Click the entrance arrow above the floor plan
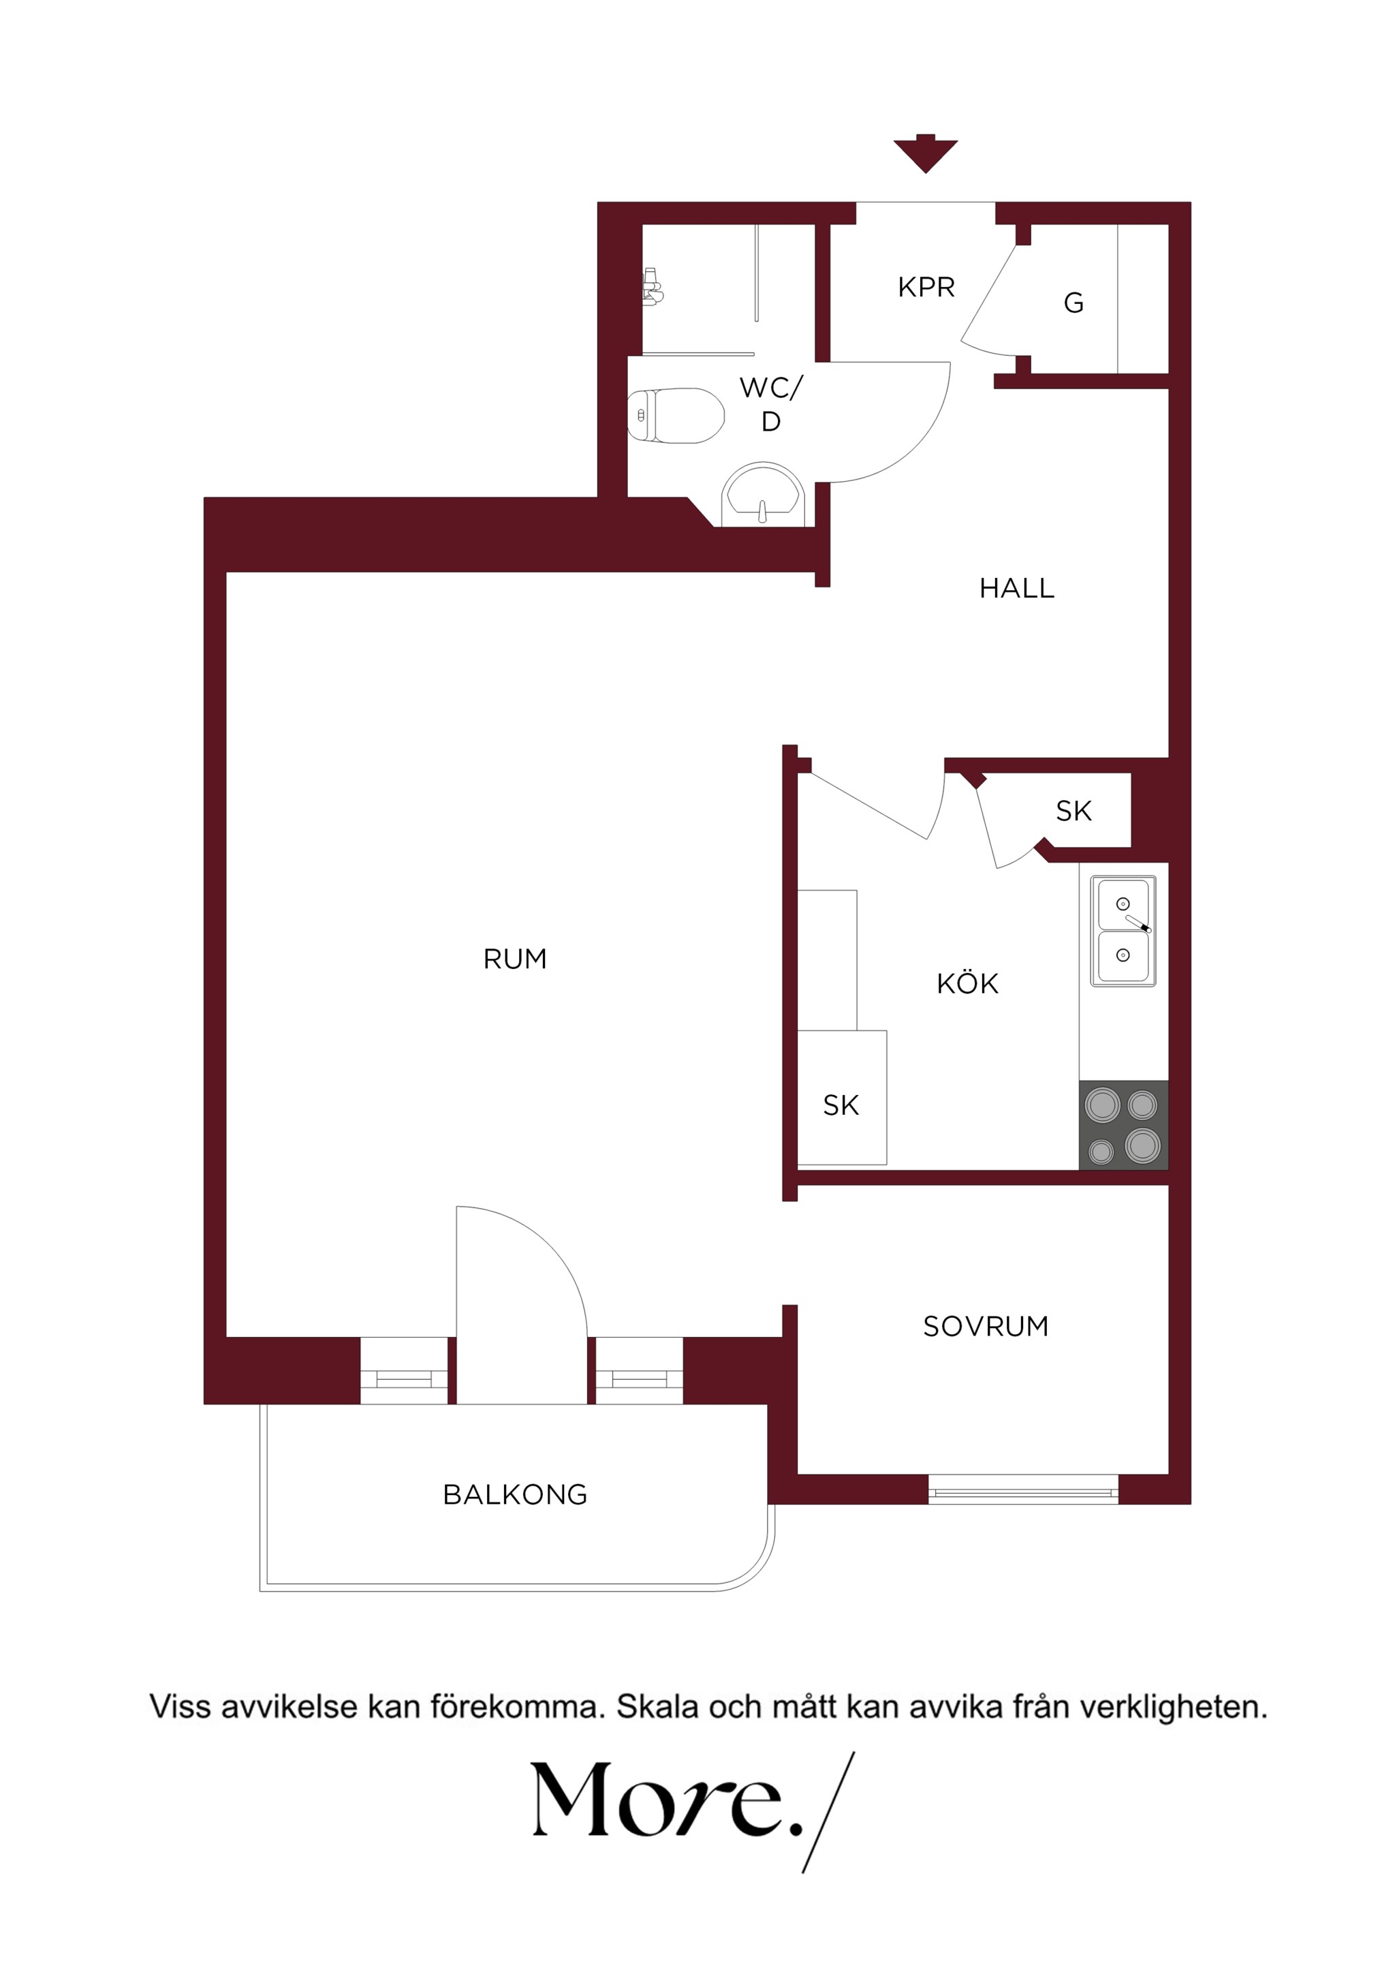[925, 153]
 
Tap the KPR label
[926, 287]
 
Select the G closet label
[1073, 303]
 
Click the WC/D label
[771, 404]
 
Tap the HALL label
[1017, 588]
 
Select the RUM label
[515, 959]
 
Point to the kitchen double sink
[1123, 930]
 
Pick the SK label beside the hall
[1073, 811]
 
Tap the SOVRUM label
[986, 1326]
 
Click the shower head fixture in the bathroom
[653, 286]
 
